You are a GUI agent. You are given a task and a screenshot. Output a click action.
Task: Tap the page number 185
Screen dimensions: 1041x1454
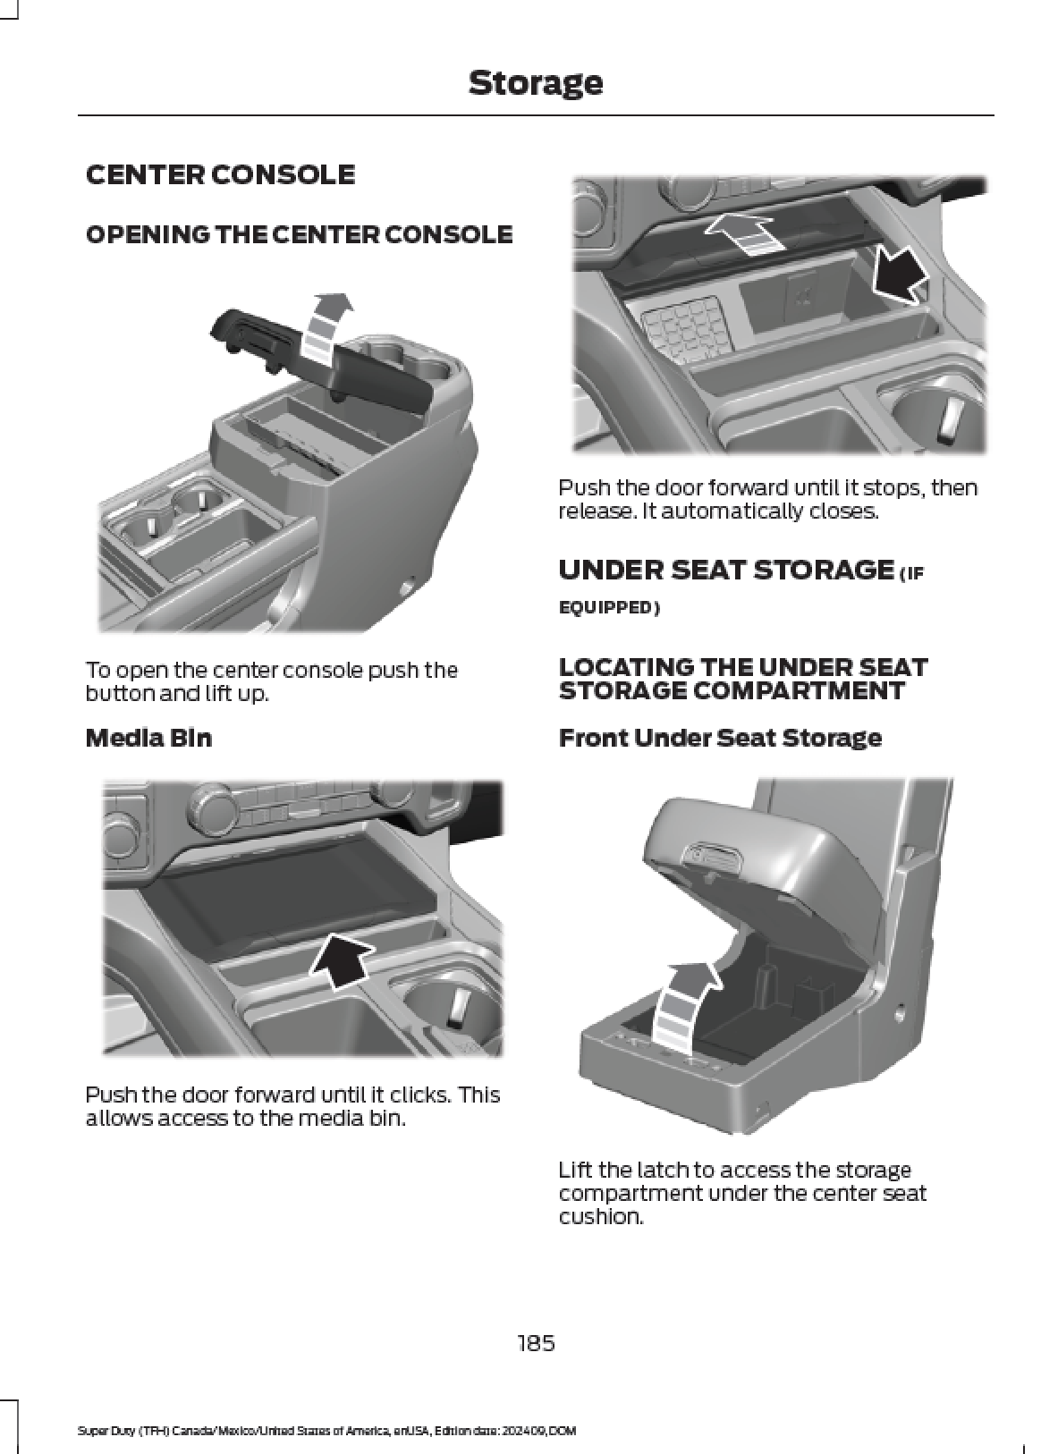point(536,1341)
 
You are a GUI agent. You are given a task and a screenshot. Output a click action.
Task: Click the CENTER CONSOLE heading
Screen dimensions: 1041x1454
point(220,174)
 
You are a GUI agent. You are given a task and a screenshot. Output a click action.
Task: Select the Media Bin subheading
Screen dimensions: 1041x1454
point(148,738)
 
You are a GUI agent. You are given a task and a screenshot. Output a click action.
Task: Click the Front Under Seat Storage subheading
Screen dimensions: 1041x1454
point(720,738)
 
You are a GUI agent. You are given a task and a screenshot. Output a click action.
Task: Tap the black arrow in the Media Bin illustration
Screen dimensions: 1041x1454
point(342,965)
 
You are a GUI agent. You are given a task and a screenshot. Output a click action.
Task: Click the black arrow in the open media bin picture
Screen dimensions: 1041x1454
point(901,275)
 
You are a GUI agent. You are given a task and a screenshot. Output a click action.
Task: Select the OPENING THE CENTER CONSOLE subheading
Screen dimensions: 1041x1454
point(299,234)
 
